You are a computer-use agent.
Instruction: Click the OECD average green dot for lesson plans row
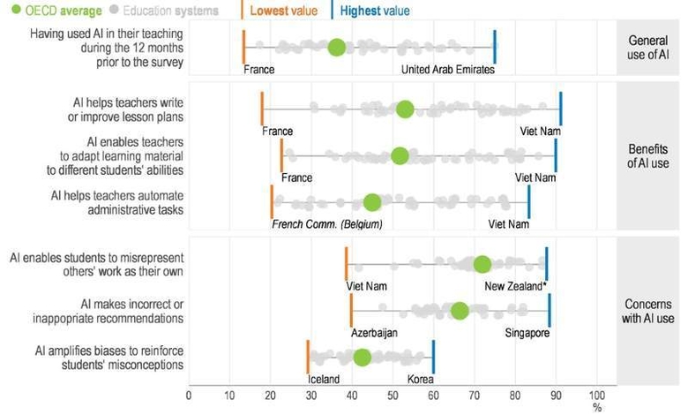pos(405,109)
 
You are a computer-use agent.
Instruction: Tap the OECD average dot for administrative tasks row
pos(372,202)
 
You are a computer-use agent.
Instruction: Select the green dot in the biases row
pos(362,358)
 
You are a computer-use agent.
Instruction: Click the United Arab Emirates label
pos(448,70)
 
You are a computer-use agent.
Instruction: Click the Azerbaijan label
pos(374,333)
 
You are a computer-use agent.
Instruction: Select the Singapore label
pos(527,333)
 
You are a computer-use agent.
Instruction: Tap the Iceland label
pos(323,380)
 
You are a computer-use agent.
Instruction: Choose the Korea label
pos(420,380)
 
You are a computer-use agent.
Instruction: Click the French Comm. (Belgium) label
pos(327,224)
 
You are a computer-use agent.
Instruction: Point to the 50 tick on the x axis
pos(393,395)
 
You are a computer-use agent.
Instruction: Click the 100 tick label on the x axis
pos(597,395)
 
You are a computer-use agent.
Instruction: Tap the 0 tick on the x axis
pos(189,395)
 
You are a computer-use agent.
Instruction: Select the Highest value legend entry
pos(372,11)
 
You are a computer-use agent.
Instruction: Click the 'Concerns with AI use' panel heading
pos(648,310)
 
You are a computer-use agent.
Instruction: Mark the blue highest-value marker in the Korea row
pos(433,358)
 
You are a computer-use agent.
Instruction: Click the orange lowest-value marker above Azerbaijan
pos(351,311)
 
